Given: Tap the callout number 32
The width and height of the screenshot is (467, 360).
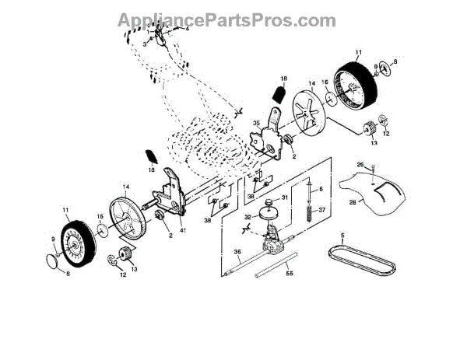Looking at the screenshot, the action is pyautogui.click(x=248, y=218).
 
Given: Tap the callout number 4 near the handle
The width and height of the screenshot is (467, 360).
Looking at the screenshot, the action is pyautogui.click(x=187, y=30).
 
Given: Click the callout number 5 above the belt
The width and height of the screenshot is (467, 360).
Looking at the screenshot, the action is pyautogui.click(x=341, y=234).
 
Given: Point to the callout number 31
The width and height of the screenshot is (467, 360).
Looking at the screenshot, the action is pyautogui.click(x=284, y=197).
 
